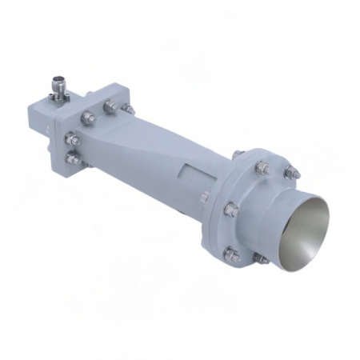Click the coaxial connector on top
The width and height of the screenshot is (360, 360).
(x=58, y=82)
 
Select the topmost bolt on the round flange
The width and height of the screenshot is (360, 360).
(x=262, y=166)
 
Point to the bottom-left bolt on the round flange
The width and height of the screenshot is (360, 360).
(x=231, y=255)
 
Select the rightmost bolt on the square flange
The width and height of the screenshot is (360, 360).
(x=126, y=106)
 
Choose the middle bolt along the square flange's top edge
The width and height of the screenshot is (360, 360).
(x=107, y=104)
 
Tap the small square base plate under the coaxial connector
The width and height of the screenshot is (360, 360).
(x=58, y=96)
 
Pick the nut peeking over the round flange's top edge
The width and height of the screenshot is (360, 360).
(x=241, y=153)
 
